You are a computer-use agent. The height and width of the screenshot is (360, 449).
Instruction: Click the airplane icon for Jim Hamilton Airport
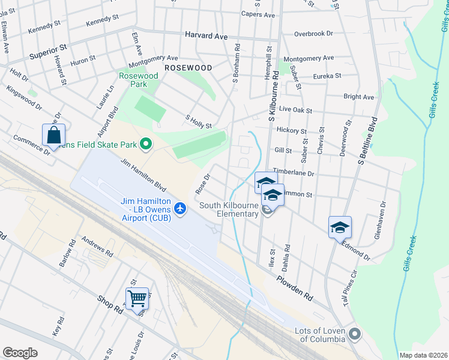coord(179,208)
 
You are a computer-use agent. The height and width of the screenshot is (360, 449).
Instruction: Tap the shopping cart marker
coord(137,298)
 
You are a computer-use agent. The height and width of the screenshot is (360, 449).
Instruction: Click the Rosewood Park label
coord(138,80)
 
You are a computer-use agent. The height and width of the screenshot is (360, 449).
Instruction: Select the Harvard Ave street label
coord(206,36)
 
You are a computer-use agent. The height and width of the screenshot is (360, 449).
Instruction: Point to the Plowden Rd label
coord(295,288)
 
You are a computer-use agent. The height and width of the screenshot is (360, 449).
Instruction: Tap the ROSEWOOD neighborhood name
coord(188,68)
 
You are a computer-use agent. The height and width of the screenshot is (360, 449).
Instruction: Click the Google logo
coord(20,352)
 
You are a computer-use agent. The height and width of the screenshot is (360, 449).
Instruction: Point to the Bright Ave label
coord(358,97)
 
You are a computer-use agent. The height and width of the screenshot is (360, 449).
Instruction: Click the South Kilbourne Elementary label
coord(229,209)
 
